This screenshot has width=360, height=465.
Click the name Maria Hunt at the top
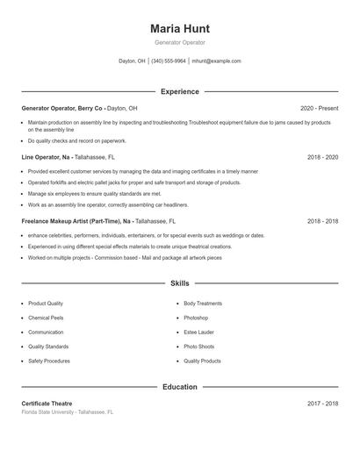point(179,29)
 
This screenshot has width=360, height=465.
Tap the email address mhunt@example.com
point(216,61)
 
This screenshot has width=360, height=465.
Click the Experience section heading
point(179,91)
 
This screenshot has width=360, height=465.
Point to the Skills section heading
point(179,283)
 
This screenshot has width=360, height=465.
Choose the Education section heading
point(179,387)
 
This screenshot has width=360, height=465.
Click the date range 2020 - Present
point(319,108)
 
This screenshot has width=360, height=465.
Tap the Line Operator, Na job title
point(48,157)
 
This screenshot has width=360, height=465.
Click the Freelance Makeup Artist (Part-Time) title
point(77,222)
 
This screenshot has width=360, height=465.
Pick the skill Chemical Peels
point(47,318)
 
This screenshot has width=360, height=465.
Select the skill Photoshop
point(197,318)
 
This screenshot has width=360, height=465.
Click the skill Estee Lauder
point(198,333)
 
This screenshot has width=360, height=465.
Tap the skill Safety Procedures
point(48,361)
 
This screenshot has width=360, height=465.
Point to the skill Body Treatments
point(203,304)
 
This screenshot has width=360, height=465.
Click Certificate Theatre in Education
point(47,404)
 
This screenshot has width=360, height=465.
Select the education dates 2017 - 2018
point(322,404)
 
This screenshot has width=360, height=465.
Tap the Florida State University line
point(68,411)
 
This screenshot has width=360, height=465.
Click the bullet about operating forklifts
point(133,182)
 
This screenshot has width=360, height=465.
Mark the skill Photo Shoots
point(198,347)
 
